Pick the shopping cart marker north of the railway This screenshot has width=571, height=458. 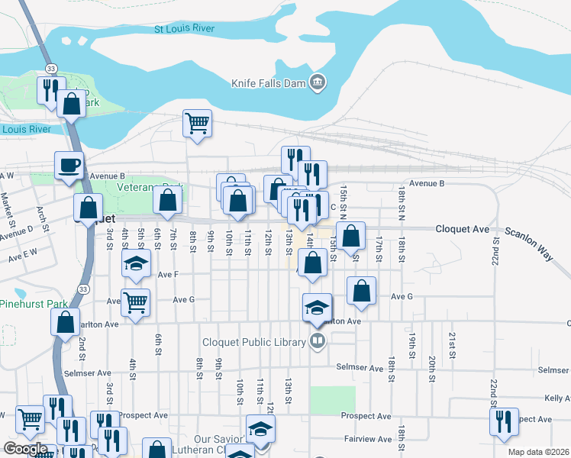(198, 123)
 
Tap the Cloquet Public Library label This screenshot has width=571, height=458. (253, 342)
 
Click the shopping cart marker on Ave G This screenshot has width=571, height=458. (136, 302)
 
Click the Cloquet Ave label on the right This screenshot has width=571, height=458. (462, 228)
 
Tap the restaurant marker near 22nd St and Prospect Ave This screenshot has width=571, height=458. (504, 422)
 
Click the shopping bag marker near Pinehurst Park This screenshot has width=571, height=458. (66, 321)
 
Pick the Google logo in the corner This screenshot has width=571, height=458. (25, 449)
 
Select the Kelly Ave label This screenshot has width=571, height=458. (556, 398)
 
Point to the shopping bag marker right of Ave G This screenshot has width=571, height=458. (361, 291)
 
